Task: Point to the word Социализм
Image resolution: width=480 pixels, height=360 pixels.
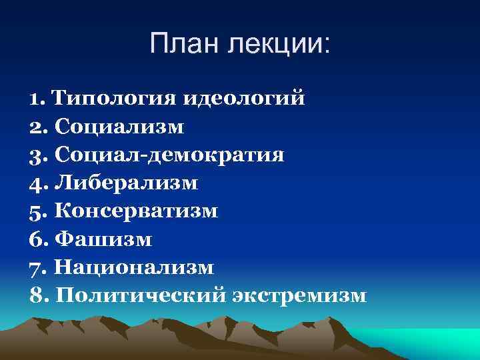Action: click(x=121, y=127)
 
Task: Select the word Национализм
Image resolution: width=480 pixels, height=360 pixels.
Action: click(x=134, y=267)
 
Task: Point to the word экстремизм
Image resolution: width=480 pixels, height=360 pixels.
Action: click(x=299, y=295)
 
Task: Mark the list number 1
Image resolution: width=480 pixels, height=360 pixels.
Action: click(x=35, y=99)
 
